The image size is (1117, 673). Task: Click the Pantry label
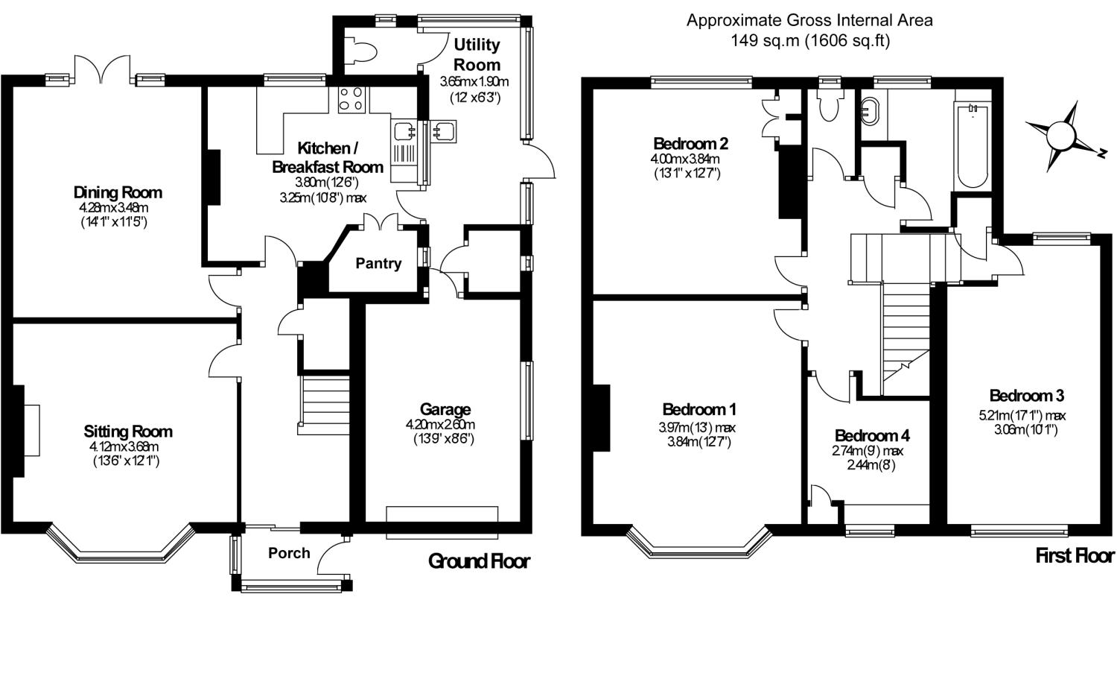378,264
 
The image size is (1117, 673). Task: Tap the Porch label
289,553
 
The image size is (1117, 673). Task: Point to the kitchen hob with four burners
351,99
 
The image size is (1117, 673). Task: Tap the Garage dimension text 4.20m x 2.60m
440,425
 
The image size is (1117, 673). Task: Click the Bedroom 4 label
872,436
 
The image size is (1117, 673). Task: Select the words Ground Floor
479,562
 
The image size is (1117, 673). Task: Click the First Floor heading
1075,556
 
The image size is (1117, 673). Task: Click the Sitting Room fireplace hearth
32,430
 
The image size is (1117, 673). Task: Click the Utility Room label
477,54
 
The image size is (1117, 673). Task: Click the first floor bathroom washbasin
871,110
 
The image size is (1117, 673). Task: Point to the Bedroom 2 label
690,144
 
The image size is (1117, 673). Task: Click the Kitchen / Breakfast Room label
328,157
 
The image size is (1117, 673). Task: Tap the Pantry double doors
381,221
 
